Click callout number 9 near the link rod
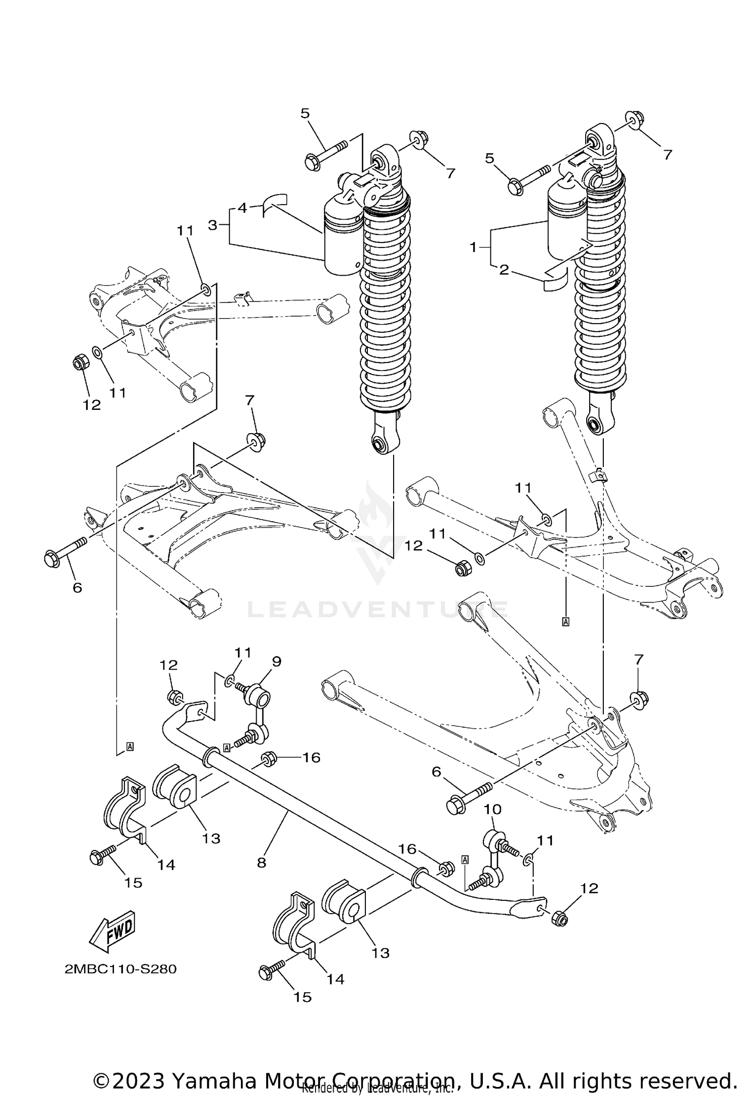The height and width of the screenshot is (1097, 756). click(277, 661)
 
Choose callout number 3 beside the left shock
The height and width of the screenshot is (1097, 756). click(212, 225)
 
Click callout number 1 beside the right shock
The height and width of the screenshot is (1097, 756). click(473, 247)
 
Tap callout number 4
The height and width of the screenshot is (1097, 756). click(242, 207)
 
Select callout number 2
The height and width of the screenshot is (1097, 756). click(503, 270)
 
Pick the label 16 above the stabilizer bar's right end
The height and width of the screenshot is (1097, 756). click(408, 849)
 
